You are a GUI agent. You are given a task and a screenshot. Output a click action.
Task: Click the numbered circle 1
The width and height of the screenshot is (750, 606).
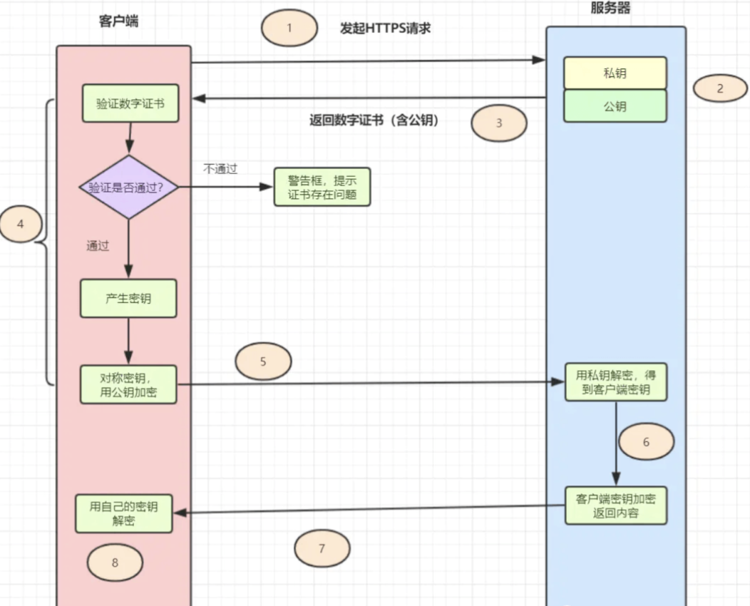289,29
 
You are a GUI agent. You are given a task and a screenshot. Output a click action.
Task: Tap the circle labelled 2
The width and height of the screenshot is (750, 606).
719,89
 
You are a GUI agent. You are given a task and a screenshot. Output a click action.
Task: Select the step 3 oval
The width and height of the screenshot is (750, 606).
499,123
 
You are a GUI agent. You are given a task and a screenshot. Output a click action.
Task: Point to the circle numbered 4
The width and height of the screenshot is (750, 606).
20,225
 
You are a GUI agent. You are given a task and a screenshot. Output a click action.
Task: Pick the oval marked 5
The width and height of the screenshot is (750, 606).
263,361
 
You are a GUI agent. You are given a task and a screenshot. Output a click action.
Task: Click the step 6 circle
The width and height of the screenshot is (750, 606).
646,442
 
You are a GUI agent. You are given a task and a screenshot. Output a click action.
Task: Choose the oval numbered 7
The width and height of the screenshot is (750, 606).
322,548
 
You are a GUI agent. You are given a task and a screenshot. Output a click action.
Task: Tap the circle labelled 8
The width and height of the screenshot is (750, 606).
115,563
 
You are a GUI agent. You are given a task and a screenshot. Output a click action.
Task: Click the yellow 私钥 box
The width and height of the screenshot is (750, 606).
615,73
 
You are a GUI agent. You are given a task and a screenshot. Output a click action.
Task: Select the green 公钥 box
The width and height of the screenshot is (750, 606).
615,106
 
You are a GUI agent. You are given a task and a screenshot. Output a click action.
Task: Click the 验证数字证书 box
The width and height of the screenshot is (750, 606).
130,103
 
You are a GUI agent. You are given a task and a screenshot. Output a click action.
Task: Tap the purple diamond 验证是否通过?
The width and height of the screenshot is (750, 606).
128,188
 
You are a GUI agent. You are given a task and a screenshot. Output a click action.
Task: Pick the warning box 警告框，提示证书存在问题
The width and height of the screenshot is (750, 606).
322,188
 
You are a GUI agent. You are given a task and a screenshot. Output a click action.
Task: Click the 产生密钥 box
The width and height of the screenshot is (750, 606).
128,298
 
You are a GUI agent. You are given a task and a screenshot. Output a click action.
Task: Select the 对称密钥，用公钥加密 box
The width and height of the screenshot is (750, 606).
128,384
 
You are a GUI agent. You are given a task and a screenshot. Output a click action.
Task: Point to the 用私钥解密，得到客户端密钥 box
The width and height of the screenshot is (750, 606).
616,382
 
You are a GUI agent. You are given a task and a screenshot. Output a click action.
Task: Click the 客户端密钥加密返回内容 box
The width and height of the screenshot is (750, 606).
616,505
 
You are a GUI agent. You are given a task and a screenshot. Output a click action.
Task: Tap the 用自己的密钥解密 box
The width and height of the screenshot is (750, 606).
124,513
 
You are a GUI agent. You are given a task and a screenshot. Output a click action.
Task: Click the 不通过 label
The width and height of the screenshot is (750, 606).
220,169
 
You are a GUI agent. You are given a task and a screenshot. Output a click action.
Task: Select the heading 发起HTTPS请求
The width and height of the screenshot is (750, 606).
385,29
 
